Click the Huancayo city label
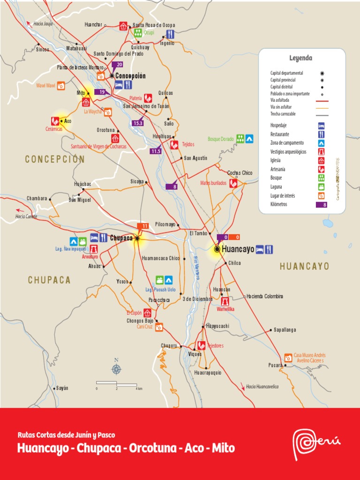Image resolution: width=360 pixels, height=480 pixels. tap(238, 249)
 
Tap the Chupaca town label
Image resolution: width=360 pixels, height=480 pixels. tap(121, 238)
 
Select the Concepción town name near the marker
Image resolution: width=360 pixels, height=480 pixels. tap(130, 76)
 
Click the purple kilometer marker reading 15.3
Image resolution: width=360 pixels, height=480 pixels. tap(138, 123)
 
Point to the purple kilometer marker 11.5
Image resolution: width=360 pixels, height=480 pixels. tap(156, 151)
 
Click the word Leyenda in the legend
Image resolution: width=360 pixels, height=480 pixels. tap(301, 58)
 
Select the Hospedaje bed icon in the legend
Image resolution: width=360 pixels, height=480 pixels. tap(322, 126)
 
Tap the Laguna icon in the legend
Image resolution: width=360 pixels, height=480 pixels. tap(322, 187)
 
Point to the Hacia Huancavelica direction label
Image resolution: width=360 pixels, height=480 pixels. tap(262, 387)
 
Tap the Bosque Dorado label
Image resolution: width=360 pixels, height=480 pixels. tap(220, 139)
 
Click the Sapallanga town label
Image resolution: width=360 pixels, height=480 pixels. tap(285, 330)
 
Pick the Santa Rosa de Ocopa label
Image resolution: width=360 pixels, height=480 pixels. tap(154, 25)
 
